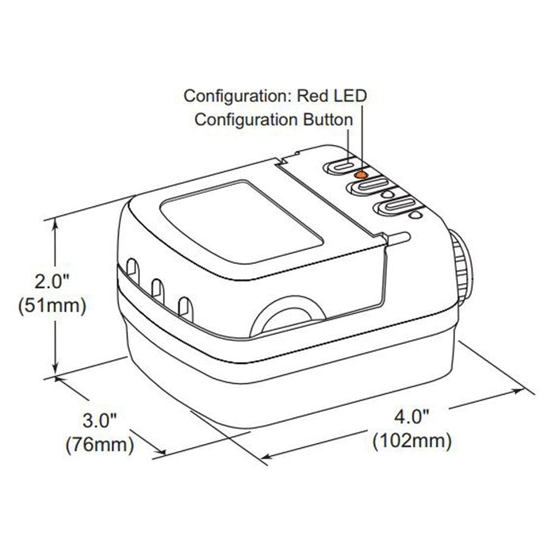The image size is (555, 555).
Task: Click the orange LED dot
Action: (361, 174)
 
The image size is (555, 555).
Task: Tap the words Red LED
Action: (331, 96)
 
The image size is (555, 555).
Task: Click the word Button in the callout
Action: (328, 120)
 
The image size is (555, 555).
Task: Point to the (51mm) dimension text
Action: (52, 305)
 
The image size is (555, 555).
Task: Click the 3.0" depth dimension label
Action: (99, 420)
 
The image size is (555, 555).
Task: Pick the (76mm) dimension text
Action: (100, 444)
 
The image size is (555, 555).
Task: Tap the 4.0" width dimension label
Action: (411, 417)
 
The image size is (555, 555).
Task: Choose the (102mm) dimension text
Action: (412, 441)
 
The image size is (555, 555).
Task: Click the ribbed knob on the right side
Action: (461, 266)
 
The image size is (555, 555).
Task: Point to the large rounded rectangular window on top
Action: (242, 221)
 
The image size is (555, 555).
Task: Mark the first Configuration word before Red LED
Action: (238, 96)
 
